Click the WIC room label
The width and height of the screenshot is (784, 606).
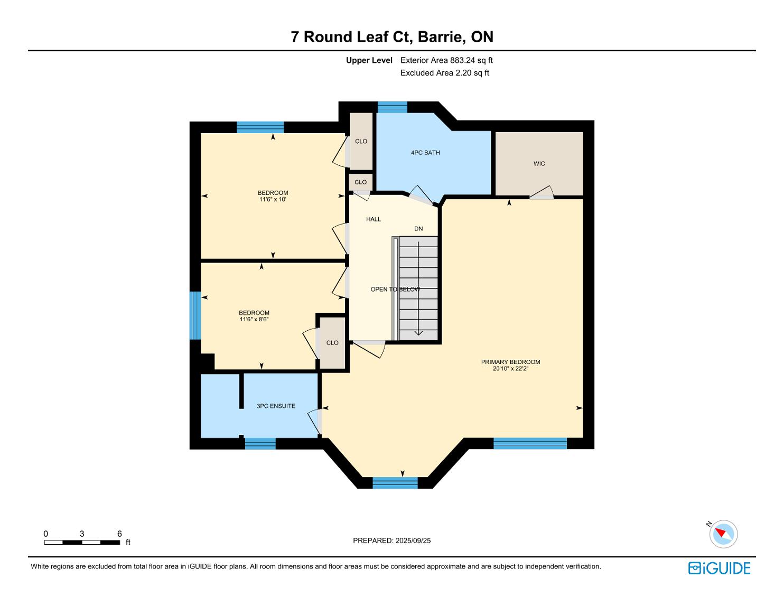point(539,164)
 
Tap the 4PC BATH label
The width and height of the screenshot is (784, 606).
point(425,153)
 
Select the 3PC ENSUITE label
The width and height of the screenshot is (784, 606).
point(276,406)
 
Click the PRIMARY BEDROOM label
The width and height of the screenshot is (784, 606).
point(510,362)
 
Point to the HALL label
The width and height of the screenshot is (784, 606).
point(374,219)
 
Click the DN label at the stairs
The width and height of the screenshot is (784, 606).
point(418,229)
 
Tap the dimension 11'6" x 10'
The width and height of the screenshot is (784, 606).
point(273,199)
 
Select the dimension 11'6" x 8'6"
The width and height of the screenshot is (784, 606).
point(254,319)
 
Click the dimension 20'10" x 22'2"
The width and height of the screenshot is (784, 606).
point(510,369)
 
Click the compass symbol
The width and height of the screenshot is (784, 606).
point(723,534)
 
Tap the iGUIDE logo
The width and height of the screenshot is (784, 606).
point(720,568)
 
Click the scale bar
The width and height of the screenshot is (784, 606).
point(82,543)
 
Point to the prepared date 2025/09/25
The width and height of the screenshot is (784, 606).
point(413,540)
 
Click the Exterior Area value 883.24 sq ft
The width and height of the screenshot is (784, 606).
point(471,60)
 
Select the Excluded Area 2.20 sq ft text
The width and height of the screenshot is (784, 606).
point(444,73)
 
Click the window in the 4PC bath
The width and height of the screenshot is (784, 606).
point(392,107)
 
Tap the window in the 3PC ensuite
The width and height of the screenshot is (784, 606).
point(260,444)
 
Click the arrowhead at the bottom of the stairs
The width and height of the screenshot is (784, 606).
point(418,333)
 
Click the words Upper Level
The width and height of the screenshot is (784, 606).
point(369,60)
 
